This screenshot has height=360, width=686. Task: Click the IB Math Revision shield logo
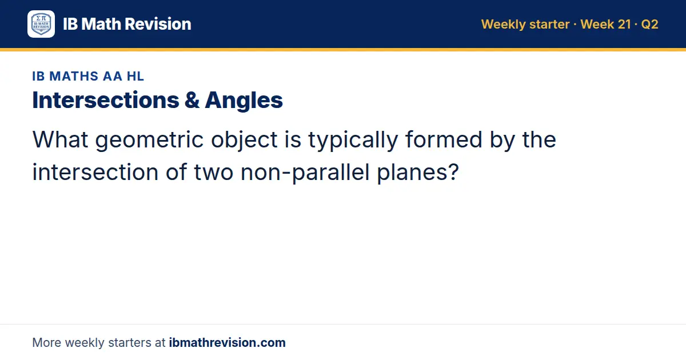pos(41,24)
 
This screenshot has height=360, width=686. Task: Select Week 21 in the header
pos(605,24)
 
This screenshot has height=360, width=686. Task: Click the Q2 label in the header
pos(649,24)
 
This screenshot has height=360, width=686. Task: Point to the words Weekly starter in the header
pos(525,25)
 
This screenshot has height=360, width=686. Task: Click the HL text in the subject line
pos(135,76)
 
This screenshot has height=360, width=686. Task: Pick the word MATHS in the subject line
pos(74,76)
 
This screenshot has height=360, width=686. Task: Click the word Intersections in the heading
pos(106,100)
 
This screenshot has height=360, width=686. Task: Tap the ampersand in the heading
pos(192,100)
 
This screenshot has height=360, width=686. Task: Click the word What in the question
pos(61,139)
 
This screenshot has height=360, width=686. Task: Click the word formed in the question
pos(444,139)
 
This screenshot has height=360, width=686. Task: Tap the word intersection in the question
pos(95,173)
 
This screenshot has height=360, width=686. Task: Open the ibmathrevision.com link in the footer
pos(228,342)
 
